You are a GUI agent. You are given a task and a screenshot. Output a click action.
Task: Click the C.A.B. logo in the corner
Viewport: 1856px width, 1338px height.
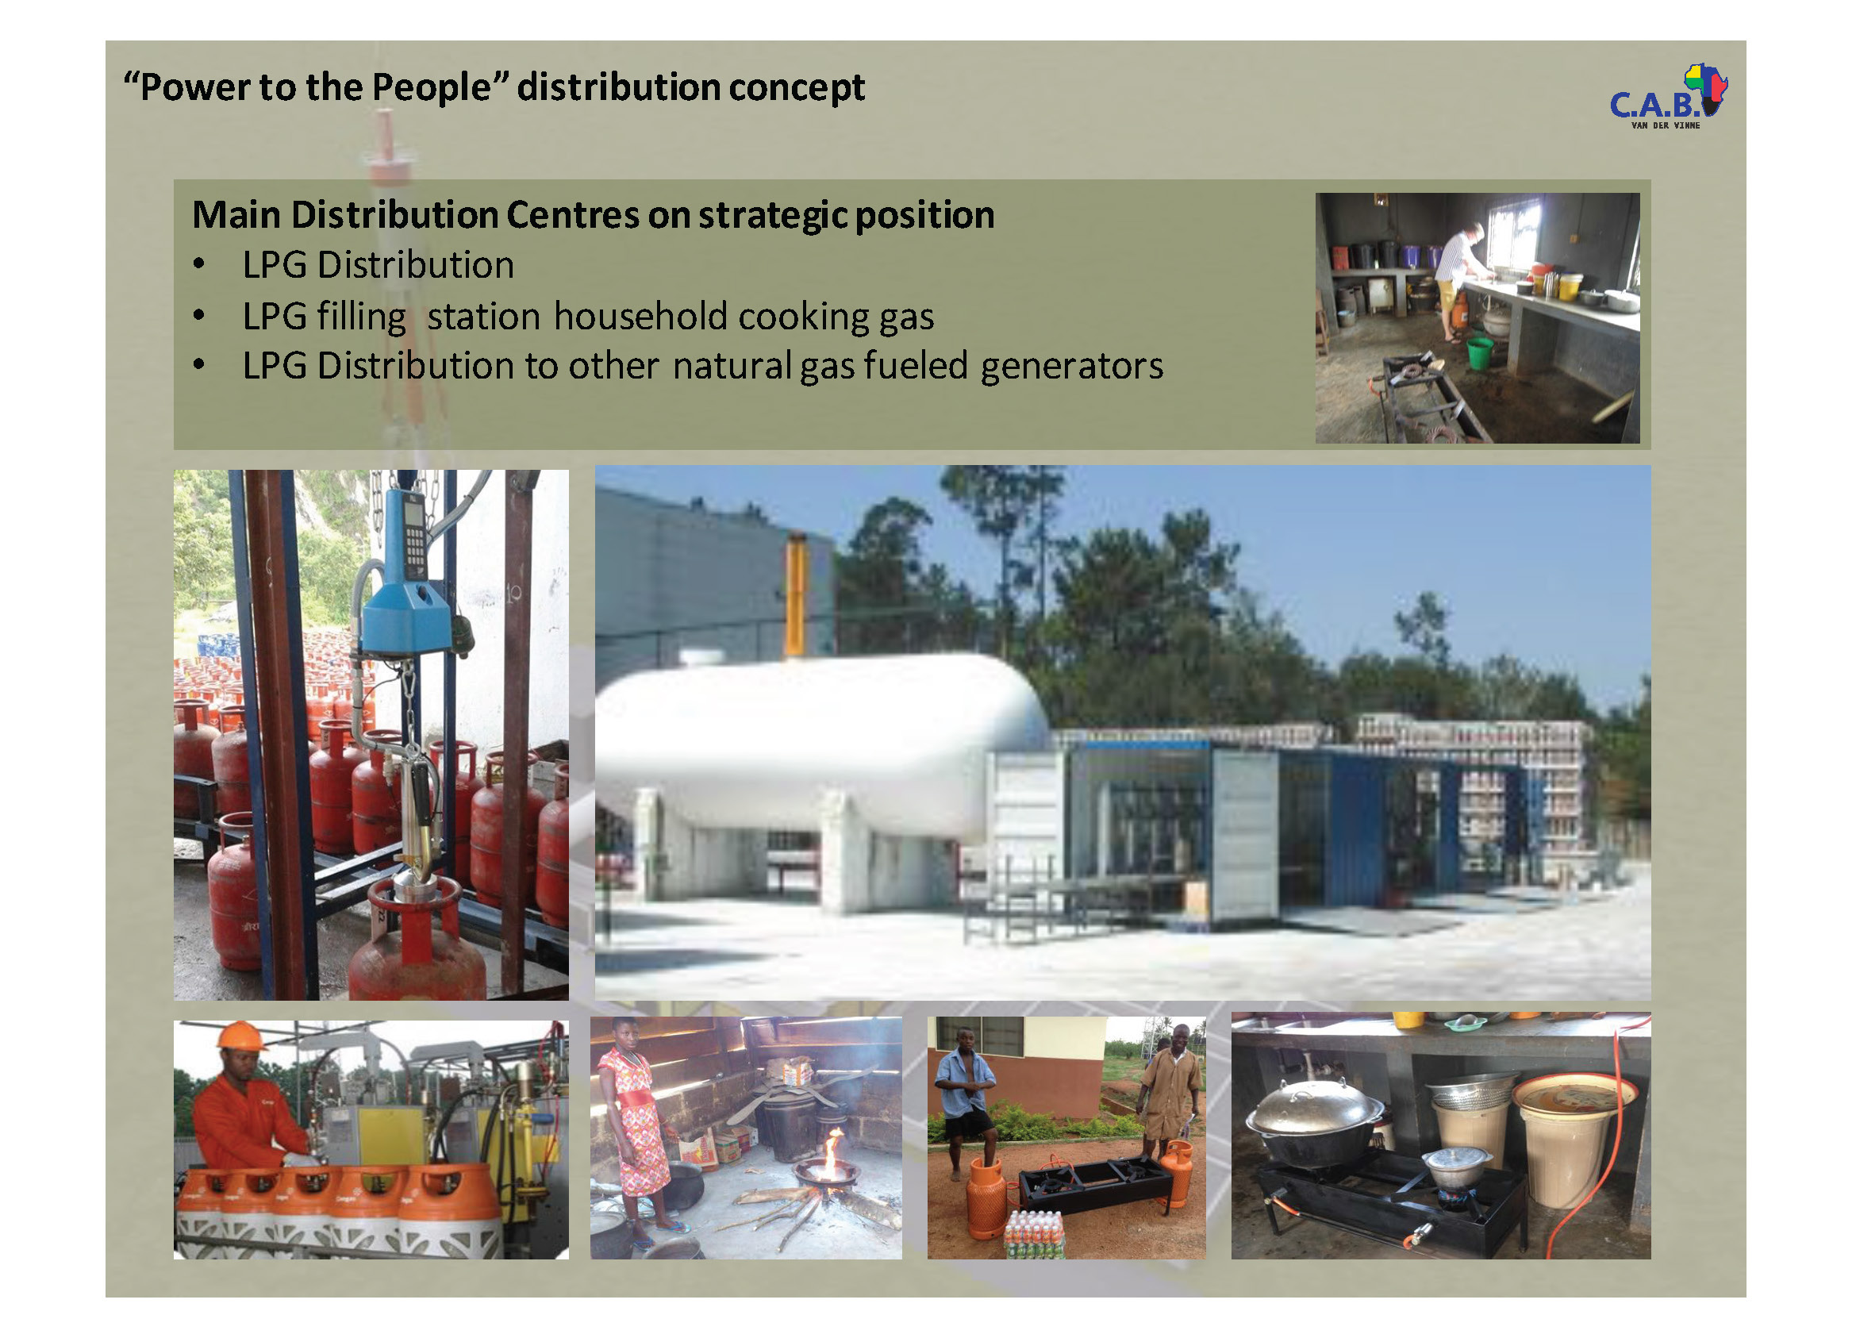click(x=1667, y=98)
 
